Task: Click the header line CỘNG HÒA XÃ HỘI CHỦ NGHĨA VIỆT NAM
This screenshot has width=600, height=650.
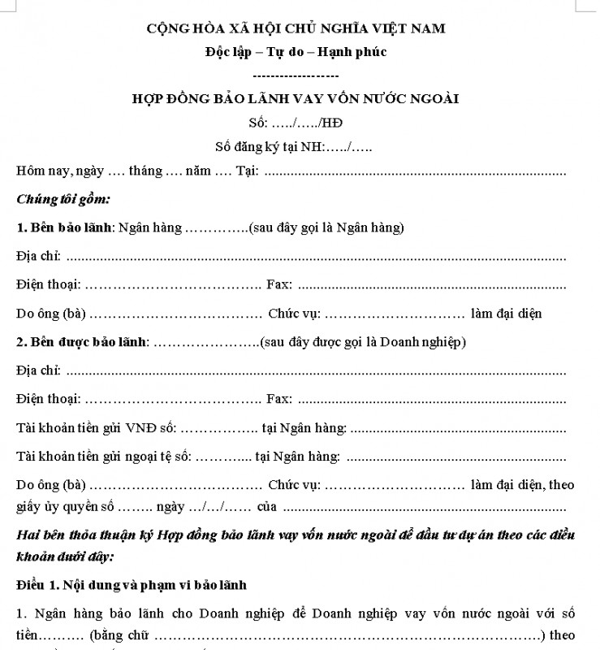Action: [296, 29]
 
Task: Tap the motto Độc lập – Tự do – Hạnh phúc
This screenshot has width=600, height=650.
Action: [296, 53]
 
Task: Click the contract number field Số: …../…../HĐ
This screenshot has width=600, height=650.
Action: [296, 123]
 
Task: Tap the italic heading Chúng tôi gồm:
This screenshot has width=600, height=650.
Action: [63, 198]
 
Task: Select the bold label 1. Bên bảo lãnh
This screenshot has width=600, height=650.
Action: [64, 227]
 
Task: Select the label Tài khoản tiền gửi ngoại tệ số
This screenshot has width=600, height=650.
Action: [103, 457]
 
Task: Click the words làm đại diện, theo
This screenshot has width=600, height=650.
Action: [522, 485]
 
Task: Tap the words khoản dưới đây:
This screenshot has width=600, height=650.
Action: [65, 557]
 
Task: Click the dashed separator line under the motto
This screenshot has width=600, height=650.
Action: [296, 75]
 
